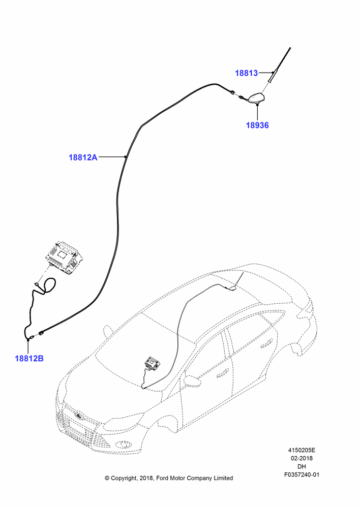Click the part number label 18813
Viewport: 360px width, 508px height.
coord(246,73)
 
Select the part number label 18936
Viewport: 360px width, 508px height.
coord(257,125)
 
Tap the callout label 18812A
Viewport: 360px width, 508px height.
coord(83,157)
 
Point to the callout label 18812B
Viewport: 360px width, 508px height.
coord(29,358)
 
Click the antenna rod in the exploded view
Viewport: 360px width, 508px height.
coord(279,65)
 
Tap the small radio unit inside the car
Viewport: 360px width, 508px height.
coord(153,362)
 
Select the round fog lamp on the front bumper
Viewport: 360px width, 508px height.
coord(124,444)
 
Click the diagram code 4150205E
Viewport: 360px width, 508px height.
coord(302,450)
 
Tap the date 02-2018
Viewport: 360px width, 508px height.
coord(302,458)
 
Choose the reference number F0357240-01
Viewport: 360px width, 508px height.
coord(302,474)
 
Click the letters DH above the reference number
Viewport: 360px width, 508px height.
coord(302,466)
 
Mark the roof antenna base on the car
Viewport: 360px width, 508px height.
coord(232,288)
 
